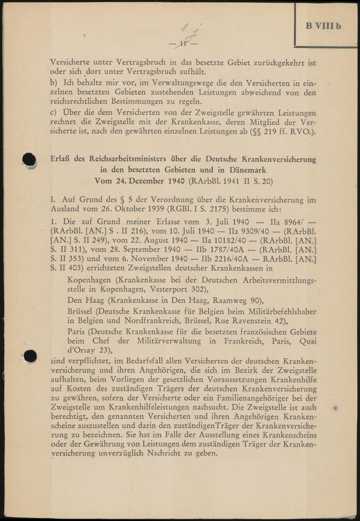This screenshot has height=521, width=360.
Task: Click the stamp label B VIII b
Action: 323,26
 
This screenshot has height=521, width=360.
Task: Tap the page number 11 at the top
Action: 183,44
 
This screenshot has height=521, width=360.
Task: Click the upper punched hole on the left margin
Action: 30,160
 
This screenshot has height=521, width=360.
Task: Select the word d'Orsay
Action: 81,350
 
